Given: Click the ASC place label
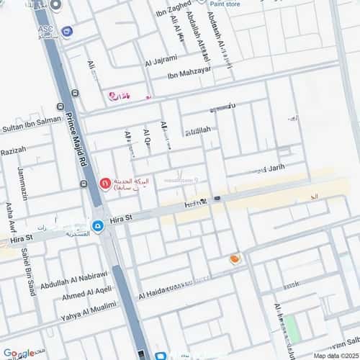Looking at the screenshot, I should pyautogui.click(x=46, y=30).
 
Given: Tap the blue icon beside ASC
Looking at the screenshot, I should pyautogui.click(x=67, y=31).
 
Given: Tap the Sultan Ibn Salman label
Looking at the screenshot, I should pyautogui.click(x=31, y=126).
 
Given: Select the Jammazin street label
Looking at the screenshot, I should pyautogui.click(x=22, y=184).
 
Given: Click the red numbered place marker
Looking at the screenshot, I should pyautogui.click(x=104, y=184).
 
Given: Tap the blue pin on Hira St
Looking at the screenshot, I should pyautogui.click(x=98, y=225).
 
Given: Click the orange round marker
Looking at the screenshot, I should pyautogui.click(x=235, y=258).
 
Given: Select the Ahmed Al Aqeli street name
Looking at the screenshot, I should pyautogui.click(x=86, y=299).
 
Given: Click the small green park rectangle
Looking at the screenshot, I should pyautogui.click(x=290, y=327).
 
